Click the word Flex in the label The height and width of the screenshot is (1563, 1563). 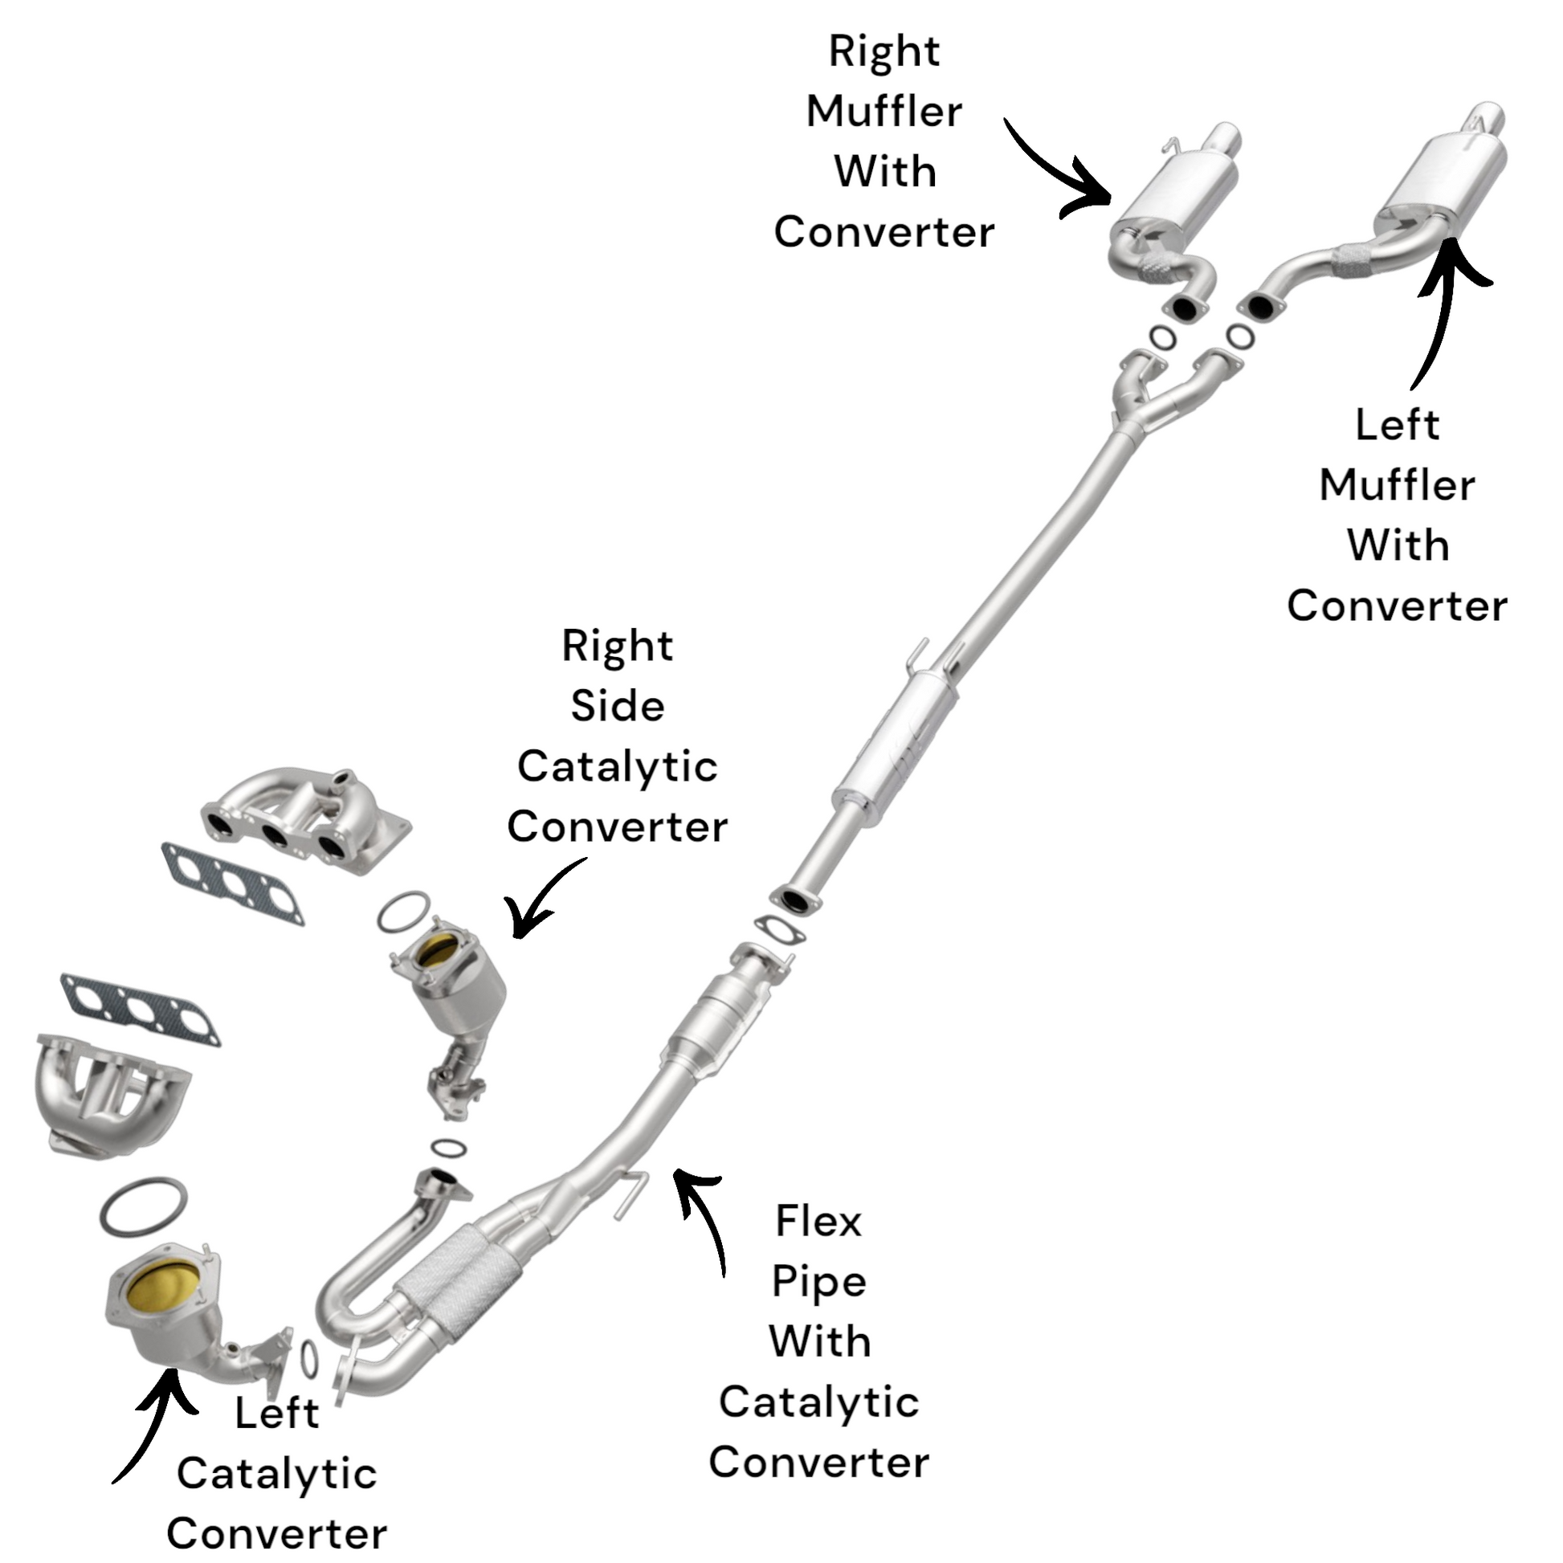(x=818, y=1221)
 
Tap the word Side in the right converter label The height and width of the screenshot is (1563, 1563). (x=618, y=706)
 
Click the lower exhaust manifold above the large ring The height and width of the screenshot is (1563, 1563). (x=109, y=1092)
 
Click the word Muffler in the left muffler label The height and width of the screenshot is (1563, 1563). (x=1398, y=485)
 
